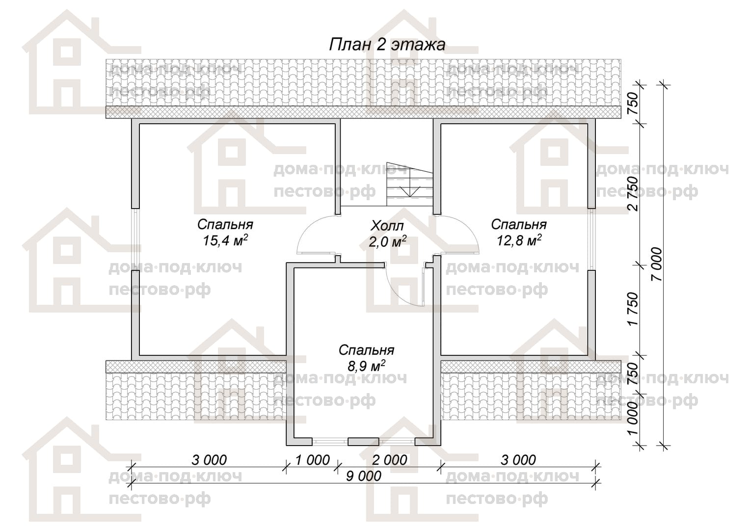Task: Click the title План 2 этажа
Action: [387, 45]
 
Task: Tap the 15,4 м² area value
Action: [225, 240]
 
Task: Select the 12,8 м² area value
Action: [519, 240]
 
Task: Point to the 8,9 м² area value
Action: [366, 366]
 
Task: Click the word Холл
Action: [387, 226]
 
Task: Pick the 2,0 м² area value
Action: [388, 241]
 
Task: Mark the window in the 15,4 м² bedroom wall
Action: [135, 239]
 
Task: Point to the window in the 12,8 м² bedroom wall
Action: [591, 239]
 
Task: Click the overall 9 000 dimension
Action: [363, 476]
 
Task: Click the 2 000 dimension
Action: [389, 460]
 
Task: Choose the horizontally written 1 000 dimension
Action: [312, 460]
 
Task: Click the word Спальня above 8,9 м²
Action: [366, 350]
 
